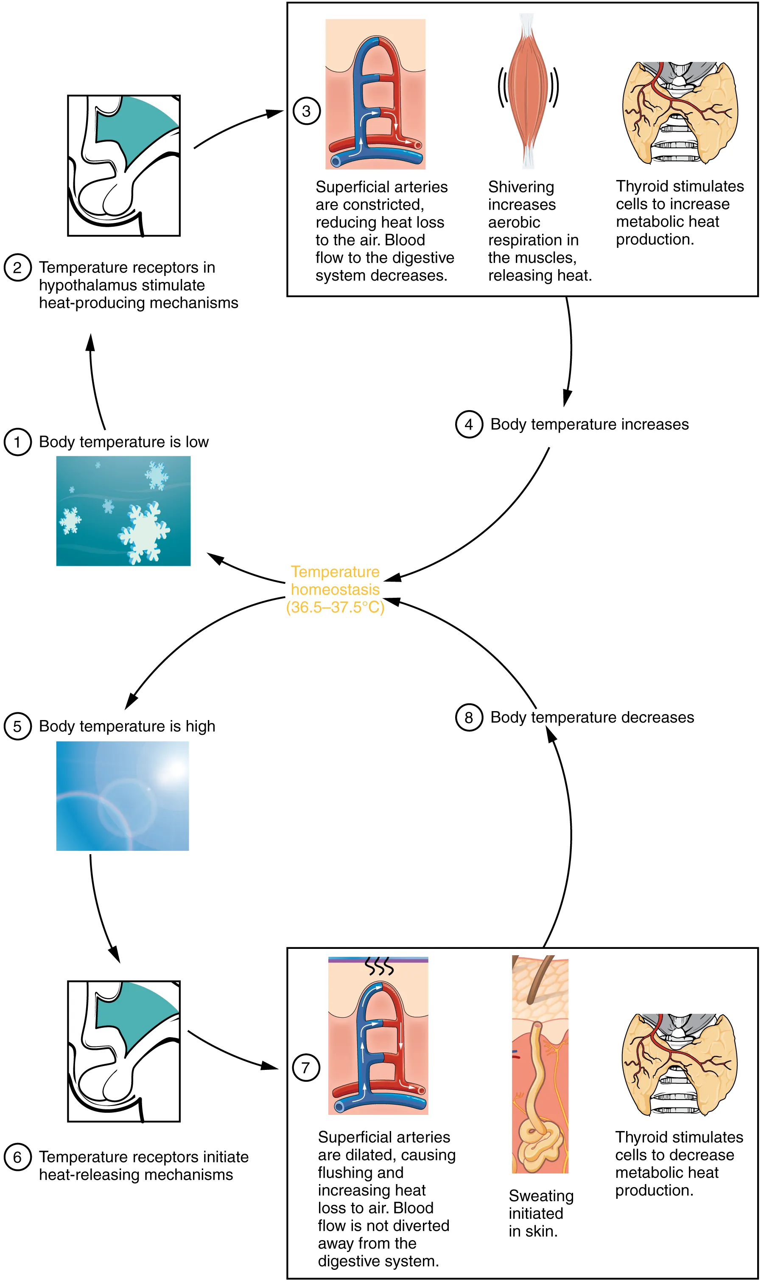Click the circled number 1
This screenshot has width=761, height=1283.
click(x=17, y=442)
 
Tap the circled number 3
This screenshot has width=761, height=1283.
click(x=306, y=111)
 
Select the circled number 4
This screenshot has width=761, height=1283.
click(x=469, y=425)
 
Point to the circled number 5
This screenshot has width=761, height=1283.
click(x=17, y=726)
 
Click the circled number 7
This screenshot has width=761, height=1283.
click(x=306, y=1067)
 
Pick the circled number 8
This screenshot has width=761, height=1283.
click(x=469, y=717)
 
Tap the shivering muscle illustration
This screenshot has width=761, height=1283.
click(x=528, y=90)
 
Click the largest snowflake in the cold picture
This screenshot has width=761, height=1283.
click(x=145, y=533)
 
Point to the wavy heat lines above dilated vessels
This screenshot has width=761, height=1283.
click(x=379, y=966)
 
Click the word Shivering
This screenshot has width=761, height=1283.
click(x=521, y=187)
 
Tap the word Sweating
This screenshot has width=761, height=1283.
click(x=541, y=1196)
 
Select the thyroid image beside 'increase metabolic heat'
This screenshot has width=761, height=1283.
click(x=680, y=113)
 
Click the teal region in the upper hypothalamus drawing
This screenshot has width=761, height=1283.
click(x=134, y=131)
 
